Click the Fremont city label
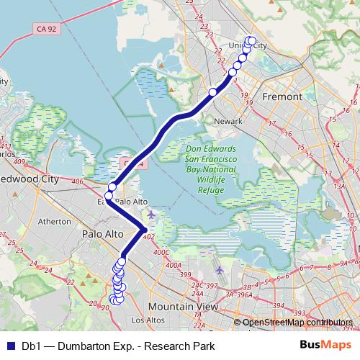point(282,96)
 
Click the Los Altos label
point(148,320)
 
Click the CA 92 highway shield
point(43,30)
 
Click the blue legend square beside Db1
point(11,346)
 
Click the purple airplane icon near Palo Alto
point(150,214)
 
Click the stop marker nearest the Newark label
point(213,91)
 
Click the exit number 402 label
point(149,236)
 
